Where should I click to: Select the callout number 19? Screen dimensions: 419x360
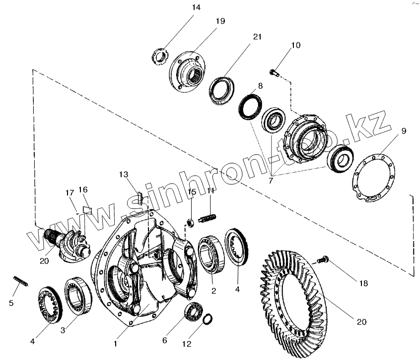click(x=220, y=21)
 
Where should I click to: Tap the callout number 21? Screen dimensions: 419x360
click(x=257, y=37)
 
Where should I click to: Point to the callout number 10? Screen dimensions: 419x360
click(x=295, y=45)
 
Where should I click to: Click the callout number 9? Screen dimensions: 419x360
click(x=403, y=131)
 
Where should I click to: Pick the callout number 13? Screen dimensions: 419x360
click(x=124, y=174)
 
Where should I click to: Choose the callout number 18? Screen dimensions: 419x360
click(x=363, y=283)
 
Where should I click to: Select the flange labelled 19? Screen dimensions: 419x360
click(x=188, y=72)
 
